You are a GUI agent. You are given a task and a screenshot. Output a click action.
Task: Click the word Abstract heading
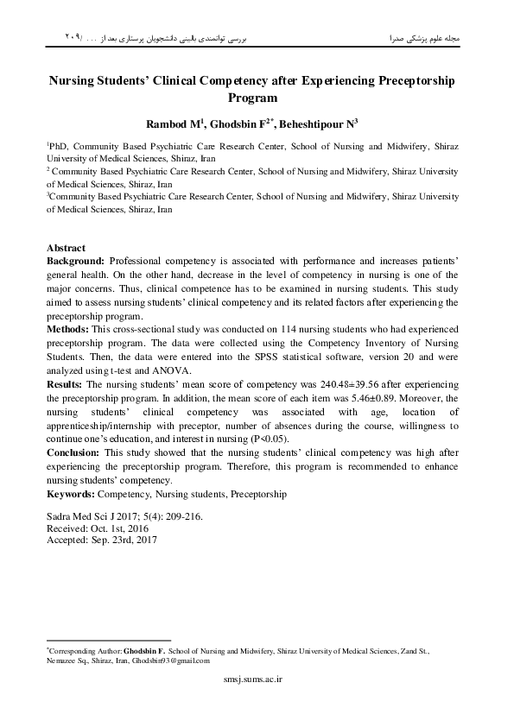point(66,247)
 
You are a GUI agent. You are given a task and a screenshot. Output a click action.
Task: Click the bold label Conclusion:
point(73,452)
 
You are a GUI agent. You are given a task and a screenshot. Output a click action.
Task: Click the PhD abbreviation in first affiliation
point(58,148)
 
